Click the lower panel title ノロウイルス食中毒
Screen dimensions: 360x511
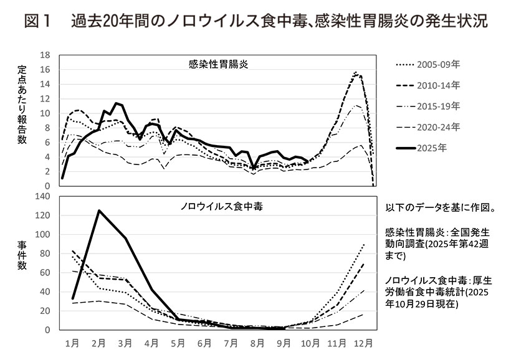(217, 207)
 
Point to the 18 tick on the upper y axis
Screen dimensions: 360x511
(45, 55)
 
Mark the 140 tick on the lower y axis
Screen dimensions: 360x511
(42, 197)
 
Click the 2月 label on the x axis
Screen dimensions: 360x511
(98, 343)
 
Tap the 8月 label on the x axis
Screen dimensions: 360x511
(257, 343)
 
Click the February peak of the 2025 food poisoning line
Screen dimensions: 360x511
(98, 211)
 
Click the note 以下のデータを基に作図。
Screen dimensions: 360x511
(444, 207)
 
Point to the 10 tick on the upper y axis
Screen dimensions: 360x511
(45, 113)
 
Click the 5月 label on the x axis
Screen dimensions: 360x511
(178, 343)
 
